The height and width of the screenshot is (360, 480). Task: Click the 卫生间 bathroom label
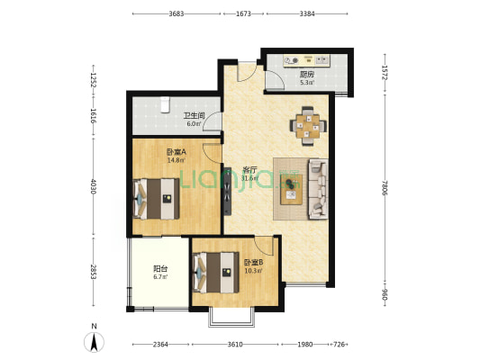(x=195, y=115)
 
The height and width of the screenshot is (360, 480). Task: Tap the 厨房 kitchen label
(x=307, y=75)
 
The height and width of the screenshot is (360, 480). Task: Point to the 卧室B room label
(x=253, y=263)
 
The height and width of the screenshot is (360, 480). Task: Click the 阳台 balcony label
(x=160, y=269)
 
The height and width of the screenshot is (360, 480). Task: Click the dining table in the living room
(x=308, y=126)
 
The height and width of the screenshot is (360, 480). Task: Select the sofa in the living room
(x=319, y=189)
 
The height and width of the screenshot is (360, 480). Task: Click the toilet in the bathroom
(x=165, y=104)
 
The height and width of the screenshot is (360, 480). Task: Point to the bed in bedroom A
(x=157, y=199)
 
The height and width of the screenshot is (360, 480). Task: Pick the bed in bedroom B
(x=216, y=272)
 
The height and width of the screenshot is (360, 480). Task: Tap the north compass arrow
(x=94, y=342)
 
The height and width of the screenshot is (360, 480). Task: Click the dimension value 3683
(x=177, y=13)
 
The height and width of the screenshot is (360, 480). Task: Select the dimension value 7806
(x=385, y=188)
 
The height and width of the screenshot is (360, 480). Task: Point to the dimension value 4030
(x=94, y=186)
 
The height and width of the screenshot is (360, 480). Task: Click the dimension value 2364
(x=160, y=345)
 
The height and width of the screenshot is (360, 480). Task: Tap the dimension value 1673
(x=243, y=13)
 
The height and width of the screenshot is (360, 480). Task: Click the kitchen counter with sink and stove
(x=306, y=60)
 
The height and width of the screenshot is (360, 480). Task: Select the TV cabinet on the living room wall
(x=227, y=192)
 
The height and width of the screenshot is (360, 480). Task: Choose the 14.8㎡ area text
(x=176, y=160)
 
